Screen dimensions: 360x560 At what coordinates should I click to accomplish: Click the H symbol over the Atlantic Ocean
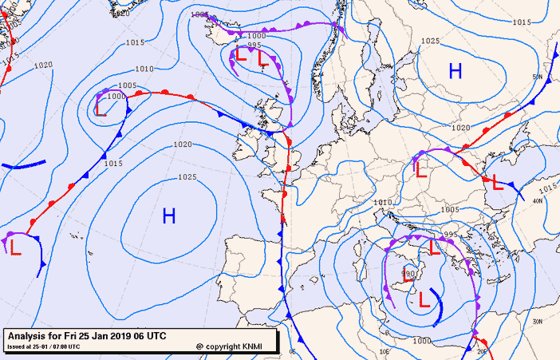coord(169,216)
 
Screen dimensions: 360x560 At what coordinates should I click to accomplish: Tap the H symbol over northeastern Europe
coord(455,72)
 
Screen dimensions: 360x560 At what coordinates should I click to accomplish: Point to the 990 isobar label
coord(408,274)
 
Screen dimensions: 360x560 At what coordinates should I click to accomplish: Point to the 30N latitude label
coord(538,321)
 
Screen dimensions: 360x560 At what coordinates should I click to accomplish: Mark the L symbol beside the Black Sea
coord(496,183)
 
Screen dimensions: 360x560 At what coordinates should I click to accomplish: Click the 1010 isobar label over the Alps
coord(383,203)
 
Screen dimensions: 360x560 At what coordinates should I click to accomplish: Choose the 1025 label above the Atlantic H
coord(187,177)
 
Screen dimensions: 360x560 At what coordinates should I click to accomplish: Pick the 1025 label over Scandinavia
coord(430,41)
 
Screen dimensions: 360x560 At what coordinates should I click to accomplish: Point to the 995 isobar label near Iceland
coord(254,45)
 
